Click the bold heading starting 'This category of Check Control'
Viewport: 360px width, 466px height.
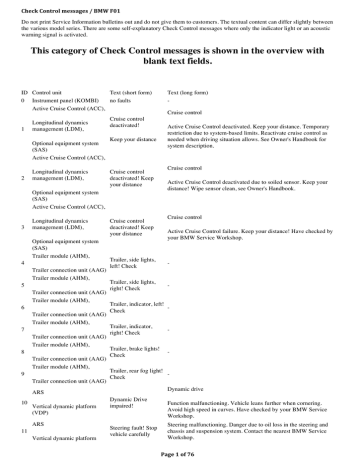[x=179, y=54]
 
